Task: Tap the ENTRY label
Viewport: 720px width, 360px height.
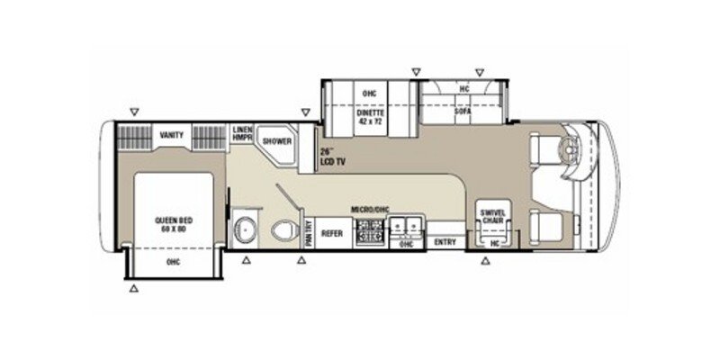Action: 444,242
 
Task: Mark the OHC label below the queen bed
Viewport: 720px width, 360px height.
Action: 172,264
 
